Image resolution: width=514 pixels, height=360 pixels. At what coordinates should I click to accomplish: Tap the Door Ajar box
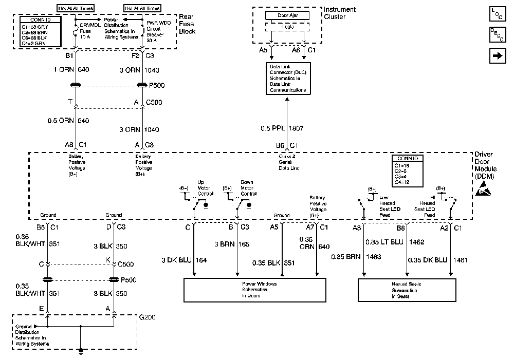[287, 15]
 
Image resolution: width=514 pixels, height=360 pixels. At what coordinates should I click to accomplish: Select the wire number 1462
[416, 241]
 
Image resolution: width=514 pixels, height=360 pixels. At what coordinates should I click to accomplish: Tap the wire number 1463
[374, 256]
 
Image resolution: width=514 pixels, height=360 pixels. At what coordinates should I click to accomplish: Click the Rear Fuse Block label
[187, 24]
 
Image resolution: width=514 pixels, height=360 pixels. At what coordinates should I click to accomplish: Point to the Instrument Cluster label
[340, 13]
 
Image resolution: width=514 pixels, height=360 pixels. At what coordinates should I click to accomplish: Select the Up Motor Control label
[206, 187]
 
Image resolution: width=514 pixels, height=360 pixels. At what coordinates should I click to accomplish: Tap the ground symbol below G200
[81, 352]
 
